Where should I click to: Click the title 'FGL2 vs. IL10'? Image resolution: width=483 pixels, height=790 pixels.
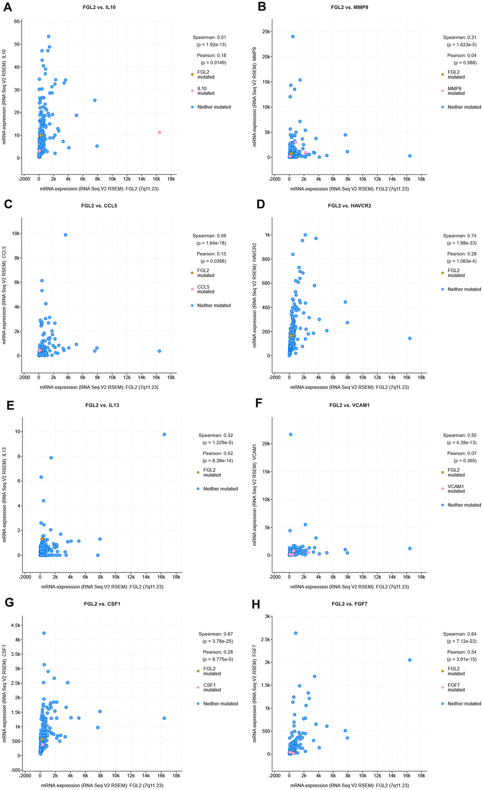pos(100,7)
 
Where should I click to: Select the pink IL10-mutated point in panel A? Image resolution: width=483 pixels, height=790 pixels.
pos(160,132)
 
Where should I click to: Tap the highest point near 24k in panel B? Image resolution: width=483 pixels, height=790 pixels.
pos(293,36)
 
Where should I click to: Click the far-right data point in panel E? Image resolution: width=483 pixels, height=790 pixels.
pos(164,434)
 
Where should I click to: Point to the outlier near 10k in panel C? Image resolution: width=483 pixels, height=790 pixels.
pos(66,235)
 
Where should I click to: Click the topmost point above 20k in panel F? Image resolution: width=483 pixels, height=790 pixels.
pos(291,434)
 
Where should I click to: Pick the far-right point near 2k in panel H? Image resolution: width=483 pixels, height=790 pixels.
pos(410,660)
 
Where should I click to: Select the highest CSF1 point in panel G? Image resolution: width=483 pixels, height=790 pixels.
pos(44,633)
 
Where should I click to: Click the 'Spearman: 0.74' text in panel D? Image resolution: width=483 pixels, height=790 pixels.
pos(459,236)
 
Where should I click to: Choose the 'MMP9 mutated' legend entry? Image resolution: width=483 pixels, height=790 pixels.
pos(456,91)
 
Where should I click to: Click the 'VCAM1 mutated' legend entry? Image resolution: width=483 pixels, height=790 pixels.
pos(456,489)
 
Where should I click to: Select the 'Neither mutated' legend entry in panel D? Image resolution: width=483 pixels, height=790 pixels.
pos(464,289)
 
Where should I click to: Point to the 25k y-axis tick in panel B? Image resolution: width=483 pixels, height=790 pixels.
pos(265,32)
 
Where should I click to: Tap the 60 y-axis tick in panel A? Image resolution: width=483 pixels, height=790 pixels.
pos(18,21)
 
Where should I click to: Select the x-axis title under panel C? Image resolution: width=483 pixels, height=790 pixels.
pos(100,387)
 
